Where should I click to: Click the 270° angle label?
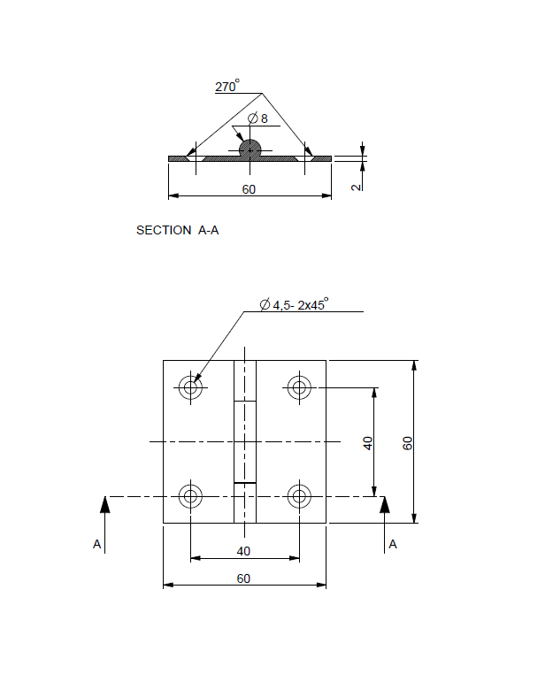tap(227, 87)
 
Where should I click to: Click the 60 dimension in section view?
tap(249, 189)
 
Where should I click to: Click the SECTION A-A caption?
tap(177, 230)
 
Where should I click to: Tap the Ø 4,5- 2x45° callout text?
tap(294, 304)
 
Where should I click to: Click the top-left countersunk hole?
tap(190, 387)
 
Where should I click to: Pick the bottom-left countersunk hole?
tap(190, 496)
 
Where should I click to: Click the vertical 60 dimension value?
tap(408, 442)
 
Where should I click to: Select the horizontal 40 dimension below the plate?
tap(243, 551)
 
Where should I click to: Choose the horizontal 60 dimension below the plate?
tap(243, 578)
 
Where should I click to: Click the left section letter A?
tap(97, 544)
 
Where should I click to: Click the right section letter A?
tap(393, 544)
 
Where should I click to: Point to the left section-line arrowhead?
tap(104, 504)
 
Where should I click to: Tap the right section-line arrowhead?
tap(384, 504)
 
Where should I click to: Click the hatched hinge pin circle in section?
tap(250, 149)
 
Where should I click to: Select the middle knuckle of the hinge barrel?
tap(244, 441)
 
